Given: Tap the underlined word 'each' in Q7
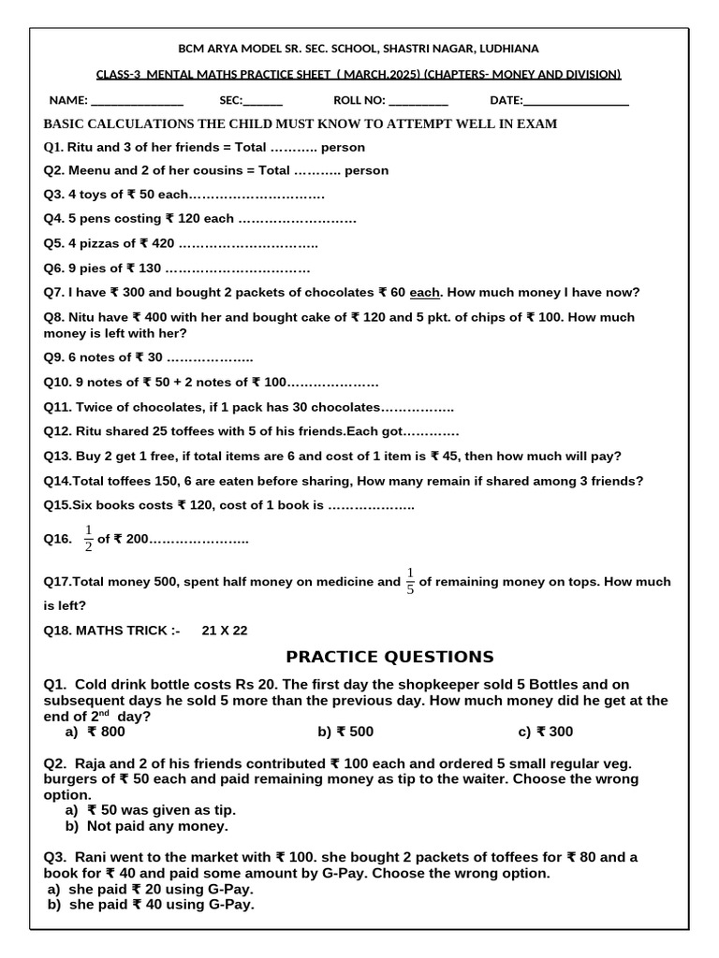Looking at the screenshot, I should point(425,293).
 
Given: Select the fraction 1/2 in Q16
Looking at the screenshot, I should point(89,539).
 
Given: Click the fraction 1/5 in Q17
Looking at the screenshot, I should point(410,581).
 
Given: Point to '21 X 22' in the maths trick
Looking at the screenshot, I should point(225,631).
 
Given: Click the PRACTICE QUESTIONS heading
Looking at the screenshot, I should point(389,657).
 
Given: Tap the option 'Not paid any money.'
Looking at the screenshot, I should point(157,826).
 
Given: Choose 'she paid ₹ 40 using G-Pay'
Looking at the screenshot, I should point(161,905).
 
